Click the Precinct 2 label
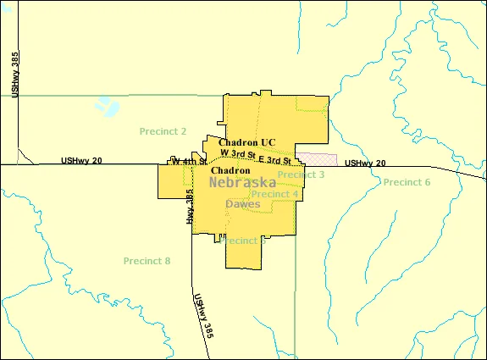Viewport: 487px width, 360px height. click(x=163, y=131)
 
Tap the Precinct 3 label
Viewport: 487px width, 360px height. click(x=301, y=174)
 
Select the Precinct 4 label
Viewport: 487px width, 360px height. click(x=274, y=194)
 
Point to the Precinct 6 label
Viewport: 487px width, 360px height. click(x=407, y=182)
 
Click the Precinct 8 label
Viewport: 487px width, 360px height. click(x=147, y=260)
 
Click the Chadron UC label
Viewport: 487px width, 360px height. click(x=246, y=142)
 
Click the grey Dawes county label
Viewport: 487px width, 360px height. click(x=243, y=204)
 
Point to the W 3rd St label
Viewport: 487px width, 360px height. click(x=238, y=153)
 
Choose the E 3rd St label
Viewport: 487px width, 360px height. click(x=275, y=160)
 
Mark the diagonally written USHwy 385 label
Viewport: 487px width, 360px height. click(x=202, y=316)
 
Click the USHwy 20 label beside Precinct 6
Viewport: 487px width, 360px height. click(x=365, y=163)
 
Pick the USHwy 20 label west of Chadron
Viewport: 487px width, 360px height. click(x=82, y=160)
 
